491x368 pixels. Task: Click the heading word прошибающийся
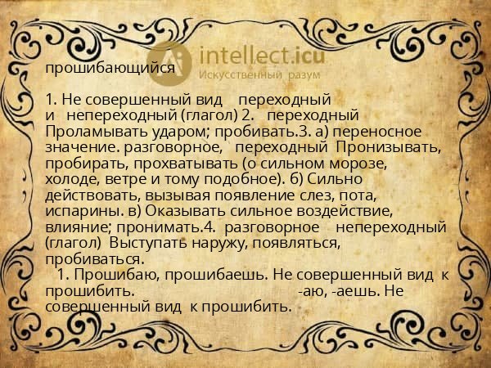coord(110,68)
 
